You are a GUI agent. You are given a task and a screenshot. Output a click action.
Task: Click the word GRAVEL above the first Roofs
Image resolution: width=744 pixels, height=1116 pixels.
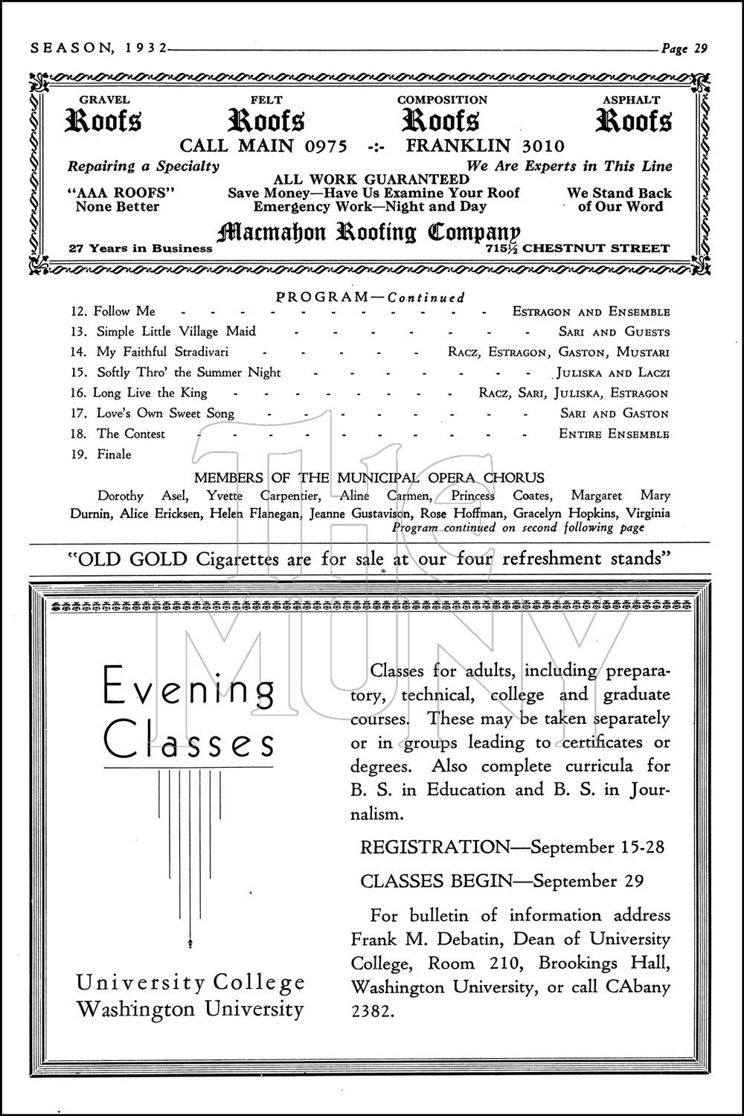(x=104, y=100)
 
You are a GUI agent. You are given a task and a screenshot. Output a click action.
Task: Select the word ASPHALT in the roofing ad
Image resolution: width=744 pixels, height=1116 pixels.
(x=631, y=100)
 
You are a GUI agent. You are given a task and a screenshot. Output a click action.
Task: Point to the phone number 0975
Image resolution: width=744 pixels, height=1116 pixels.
(x=324, y=146)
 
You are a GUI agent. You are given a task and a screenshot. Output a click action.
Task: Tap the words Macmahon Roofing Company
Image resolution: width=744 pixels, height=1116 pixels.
(x=368, y=233)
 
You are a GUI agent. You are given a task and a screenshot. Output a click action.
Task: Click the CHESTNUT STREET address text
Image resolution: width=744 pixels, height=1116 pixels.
(x=596, y=249)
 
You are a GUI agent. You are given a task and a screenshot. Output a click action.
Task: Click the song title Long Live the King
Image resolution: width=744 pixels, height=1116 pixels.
(x=152, y=393)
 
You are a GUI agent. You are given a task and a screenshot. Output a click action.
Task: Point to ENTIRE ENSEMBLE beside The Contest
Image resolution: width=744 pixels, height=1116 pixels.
(x=614, y=434)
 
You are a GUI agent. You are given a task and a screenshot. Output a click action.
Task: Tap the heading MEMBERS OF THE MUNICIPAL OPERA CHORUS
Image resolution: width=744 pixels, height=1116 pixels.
(x=369, y=478)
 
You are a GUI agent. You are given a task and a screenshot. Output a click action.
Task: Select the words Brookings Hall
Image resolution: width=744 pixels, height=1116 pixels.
(x=604, y=963)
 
